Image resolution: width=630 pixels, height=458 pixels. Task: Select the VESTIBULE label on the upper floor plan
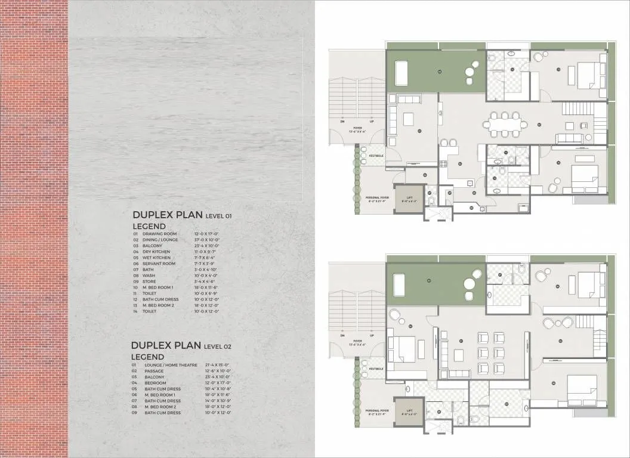coord(376,156)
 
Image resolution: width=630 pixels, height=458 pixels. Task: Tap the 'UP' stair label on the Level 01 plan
coord(373,121)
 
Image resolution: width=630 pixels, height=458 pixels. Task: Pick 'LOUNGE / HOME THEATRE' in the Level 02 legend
coord(166,365)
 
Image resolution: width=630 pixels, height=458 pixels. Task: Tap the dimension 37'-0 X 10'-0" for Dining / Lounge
coord(207,240)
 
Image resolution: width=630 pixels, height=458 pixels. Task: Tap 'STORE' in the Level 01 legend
coord(149,281)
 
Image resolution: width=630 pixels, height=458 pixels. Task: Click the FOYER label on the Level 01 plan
coord(357,127)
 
